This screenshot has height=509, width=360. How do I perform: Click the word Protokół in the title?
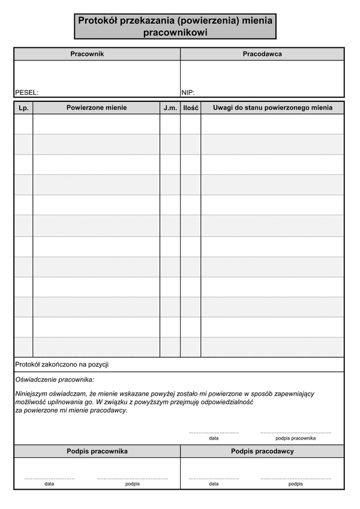coord(98,21)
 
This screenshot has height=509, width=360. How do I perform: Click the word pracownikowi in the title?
coord(175,34)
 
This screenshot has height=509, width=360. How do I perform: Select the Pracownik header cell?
coord(87,54)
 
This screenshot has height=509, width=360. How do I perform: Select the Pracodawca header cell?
coord(262,54)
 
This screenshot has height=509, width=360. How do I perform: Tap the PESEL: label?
coord(26,93)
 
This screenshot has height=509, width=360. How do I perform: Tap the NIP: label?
coord(188,93)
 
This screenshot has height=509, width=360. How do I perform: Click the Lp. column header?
coord(23,108)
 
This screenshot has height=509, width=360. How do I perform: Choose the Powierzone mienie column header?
coord(97,108)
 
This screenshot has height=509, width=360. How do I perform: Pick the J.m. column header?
coord(170,108)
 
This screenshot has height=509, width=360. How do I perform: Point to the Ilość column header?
coord(191,108)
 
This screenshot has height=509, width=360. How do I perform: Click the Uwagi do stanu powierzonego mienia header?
coord(272,108)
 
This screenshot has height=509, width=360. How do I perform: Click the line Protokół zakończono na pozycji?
coord(62,365)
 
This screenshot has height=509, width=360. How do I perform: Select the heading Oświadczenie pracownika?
coord(55,380)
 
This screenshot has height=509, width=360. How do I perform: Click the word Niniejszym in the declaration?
coord(34,394)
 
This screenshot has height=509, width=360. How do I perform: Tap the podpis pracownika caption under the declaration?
coord(296,438)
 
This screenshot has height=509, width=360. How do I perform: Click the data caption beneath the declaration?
coord(214,438)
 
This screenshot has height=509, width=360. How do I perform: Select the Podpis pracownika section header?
coord(97,451)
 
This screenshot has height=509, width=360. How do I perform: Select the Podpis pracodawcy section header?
coord(262,451)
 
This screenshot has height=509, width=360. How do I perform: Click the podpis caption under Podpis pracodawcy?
coord(296,484)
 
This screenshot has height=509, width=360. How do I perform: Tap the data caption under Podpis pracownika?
coord(49,484)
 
